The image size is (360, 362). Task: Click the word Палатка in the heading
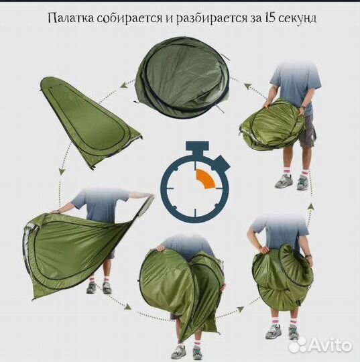pyautogui.click(x=68, y=18)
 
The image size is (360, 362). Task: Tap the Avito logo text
pyautogui.click(x=327, y=345)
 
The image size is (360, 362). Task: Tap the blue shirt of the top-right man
pyautogui.click(x=294, y=81)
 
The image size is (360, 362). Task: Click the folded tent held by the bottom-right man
pyautogui.click(x=282, y=275)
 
